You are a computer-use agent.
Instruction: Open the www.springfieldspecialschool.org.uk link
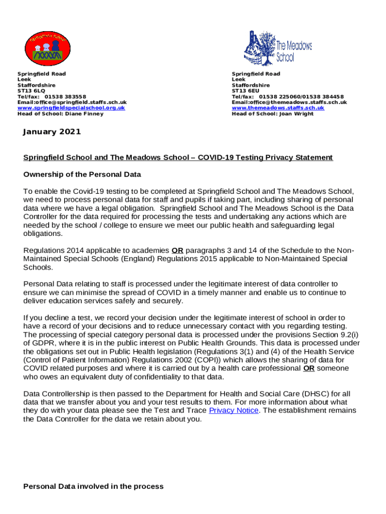tap(71, 108)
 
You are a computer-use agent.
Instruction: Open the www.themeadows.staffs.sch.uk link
tap(278, 108)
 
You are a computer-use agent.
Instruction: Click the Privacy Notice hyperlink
tap(234, 411)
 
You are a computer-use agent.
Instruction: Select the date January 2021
tap(52, 132)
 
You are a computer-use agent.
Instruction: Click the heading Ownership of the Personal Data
tap(82, 175)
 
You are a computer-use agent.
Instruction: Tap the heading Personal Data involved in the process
tap(93, 486)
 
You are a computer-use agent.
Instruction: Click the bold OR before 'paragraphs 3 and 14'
tap(177, 250)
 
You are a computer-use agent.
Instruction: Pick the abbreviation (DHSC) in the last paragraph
tap(315, 394)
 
